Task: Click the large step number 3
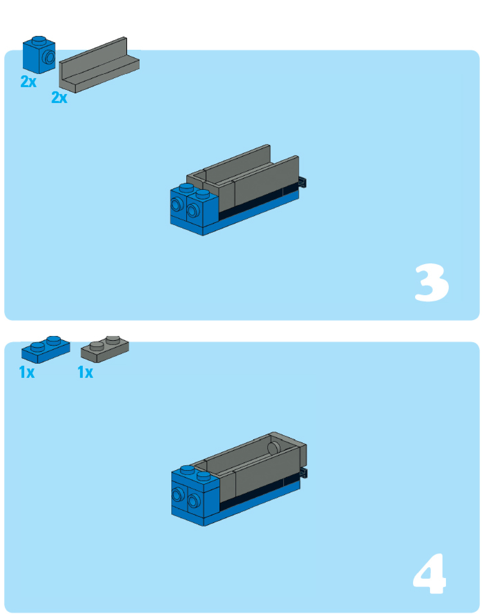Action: coord(431,282)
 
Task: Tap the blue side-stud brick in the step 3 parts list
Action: coord(39,55)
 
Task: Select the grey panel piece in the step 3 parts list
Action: coord(99,65)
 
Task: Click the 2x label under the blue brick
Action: coord(28,82)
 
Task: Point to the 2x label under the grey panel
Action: coord(59,97)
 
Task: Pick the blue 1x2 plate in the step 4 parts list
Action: coord(46,349)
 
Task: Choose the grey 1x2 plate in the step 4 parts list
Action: coord(105,349)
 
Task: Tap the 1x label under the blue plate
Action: coord(27,372)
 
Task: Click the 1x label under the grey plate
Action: coord(86,372)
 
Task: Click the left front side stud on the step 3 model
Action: coord(176,205)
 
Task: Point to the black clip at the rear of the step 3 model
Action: coord(303,182)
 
